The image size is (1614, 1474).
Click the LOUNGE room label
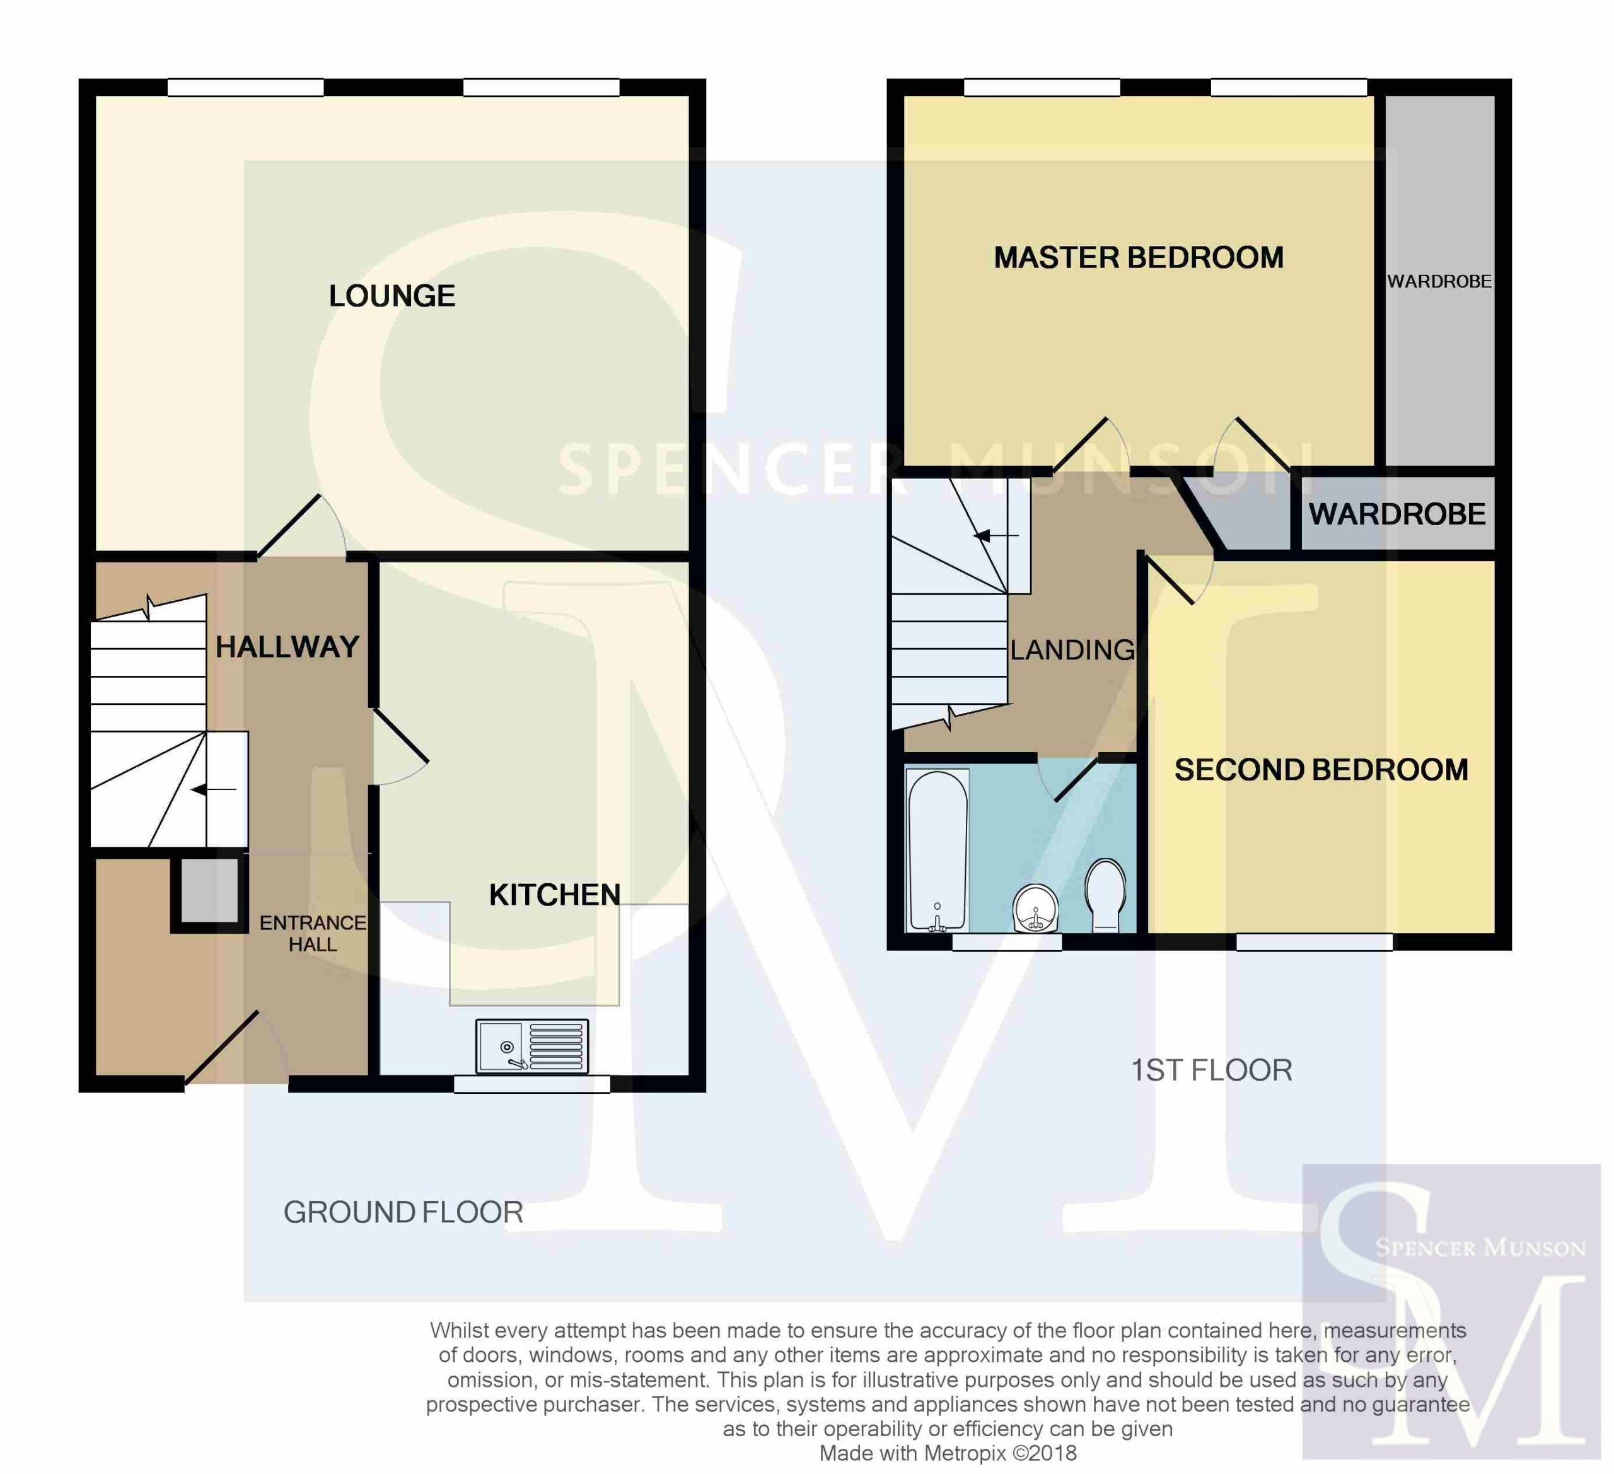392,296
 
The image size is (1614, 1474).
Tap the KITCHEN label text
555,895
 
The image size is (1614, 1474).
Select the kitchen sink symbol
532,1047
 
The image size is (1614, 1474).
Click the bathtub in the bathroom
938,851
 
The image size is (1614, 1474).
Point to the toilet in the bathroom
1106,895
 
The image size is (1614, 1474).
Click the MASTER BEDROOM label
1139,258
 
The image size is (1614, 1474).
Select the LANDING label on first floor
1073,650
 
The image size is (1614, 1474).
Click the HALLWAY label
287,647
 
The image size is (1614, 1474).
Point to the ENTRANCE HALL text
313,934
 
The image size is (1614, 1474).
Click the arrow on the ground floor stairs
214,790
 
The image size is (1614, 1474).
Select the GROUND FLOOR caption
403,1212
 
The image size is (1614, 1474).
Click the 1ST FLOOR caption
1211,1071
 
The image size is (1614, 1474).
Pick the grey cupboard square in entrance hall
209,890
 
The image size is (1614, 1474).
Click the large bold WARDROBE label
1397,514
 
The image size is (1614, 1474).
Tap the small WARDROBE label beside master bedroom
1439,282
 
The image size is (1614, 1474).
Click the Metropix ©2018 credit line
948,1453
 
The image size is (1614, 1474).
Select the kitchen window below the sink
532,1084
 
